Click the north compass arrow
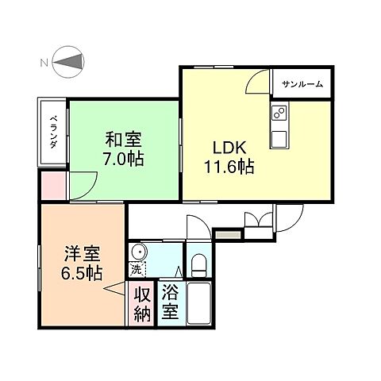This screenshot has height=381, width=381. (x=70, y=62)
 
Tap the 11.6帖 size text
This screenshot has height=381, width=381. (x=226, y=167)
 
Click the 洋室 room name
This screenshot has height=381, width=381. (x=83, y=256)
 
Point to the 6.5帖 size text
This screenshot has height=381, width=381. (x=83, y=274)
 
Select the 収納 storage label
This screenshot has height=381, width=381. (x=141, y=302)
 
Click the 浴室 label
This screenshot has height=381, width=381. (x=170, y=302)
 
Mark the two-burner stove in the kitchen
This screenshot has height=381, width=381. (x=279, y=115)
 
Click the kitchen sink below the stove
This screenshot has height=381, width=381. (x=280, y=139)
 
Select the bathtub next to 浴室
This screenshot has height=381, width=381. (x=198, y=303)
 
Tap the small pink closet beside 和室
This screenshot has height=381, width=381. (x=52, y=183)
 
